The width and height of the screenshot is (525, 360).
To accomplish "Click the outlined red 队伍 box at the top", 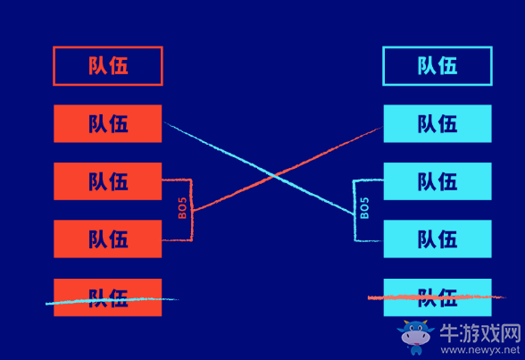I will coord(108,66).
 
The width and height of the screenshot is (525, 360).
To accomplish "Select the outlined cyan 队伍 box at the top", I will coord(437,66).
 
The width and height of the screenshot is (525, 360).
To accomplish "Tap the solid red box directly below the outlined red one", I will coord(108,123).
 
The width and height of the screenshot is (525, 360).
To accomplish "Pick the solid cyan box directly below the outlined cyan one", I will coord(437,123).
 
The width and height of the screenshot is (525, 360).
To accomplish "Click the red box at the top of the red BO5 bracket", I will coord(108,181).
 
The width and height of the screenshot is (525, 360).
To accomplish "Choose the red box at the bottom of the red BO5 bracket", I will coord(108,239).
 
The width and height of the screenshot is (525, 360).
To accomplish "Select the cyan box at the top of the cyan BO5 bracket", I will coord(437,181).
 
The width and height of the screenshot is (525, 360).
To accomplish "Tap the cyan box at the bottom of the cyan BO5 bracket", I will coord(437,239).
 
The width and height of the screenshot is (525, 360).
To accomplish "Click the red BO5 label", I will coord(182,209).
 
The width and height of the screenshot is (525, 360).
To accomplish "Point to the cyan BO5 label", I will coord(364,209).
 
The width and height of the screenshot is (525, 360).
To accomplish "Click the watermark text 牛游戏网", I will coord(480,333).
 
